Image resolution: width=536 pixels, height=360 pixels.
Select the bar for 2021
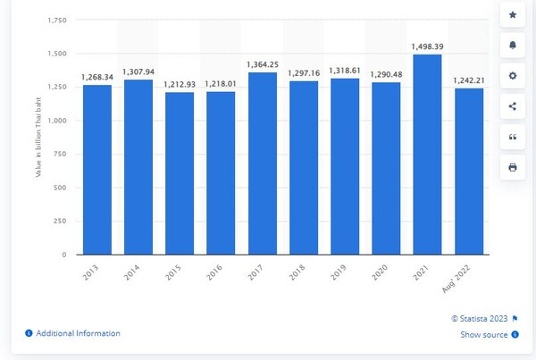pos(428,155)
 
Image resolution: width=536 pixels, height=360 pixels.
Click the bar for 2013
pos(97,170)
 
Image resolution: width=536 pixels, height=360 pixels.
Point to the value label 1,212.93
pos(180,83)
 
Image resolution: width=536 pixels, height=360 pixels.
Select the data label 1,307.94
pos(139,71)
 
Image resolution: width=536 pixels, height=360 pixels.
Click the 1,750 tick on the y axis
pos(56,21)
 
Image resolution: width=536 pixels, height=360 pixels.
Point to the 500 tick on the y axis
pos(61,188)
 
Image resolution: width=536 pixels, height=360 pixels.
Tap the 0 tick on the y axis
pos(65,255)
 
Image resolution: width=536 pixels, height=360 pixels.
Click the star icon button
pos(512,15)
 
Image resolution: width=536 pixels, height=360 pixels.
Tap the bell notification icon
pos(512,45)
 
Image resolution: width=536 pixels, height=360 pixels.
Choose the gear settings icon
pos(512,76)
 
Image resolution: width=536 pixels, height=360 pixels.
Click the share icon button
pos(512,106)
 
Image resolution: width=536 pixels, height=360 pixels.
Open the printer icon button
pos(512,167)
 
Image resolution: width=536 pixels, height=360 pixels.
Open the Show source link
pos(484,335)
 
